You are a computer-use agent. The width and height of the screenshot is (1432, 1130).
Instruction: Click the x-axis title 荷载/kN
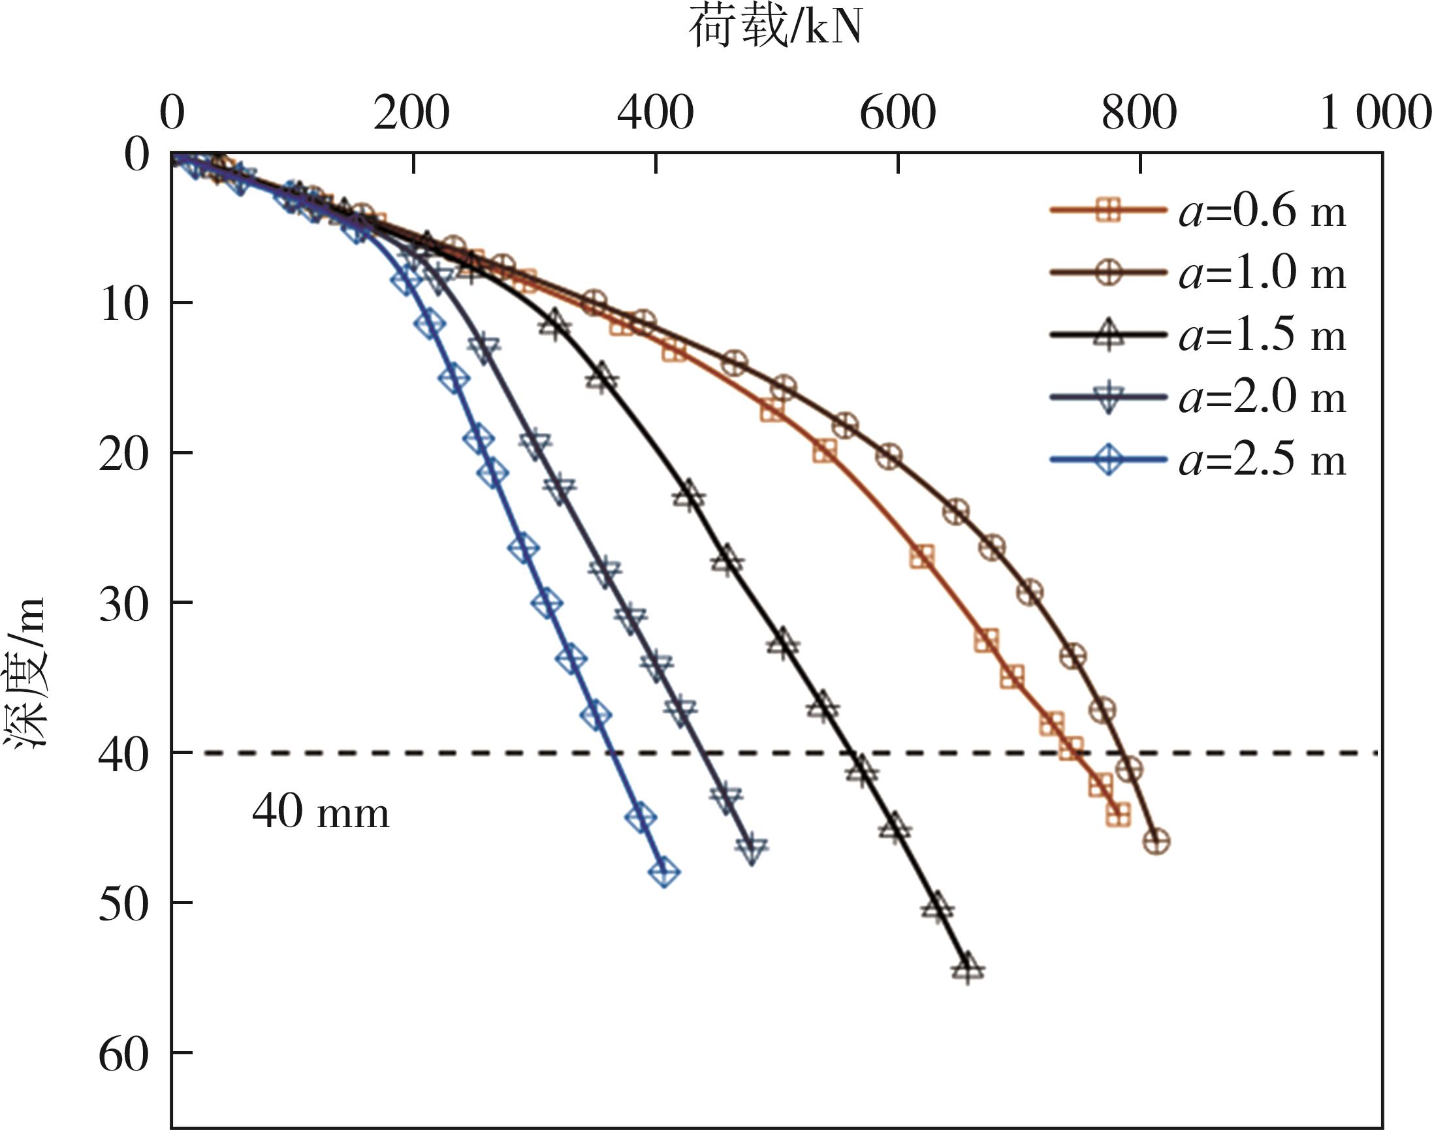point(776,30)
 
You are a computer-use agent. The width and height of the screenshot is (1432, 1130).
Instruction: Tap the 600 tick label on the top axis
point(897,113)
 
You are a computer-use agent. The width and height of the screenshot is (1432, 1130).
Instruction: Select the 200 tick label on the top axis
point(411,113)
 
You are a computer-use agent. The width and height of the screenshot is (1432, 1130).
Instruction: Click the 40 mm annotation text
point(321,812)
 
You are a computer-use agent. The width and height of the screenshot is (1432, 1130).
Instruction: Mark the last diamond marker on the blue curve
point(664,873)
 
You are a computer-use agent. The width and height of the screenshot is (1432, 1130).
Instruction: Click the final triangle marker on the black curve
point(968,969)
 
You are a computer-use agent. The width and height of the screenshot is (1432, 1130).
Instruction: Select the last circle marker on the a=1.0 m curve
point(1156,842)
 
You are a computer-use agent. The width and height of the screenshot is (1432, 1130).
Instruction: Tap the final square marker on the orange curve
point(1119,816)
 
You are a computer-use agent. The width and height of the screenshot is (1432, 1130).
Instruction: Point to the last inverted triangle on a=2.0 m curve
point(752,848)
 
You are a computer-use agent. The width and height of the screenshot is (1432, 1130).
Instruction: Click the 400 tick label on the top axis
point(655,113)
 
